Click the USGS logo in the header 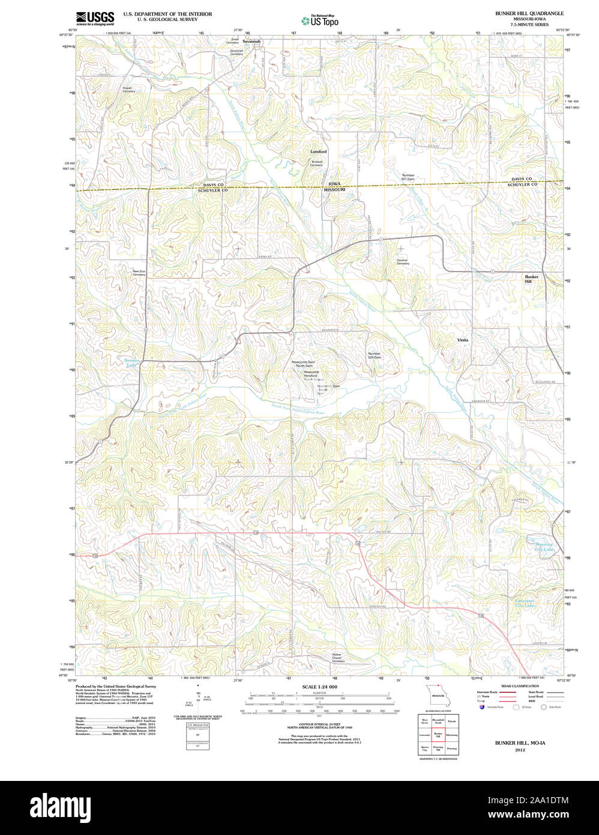click(x=95, y=18)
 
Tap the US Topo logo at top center click(x=319, y=20)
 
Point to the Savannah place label click(x=252, y=41)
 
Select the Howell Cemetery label click(x=128, y=90)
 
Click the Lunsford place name click(x=318, y=152)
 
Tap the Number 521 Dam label click(x=408, y=177)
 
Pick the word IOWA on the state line click(x=334, y=184)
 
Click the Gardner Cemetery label click(x=402, y=261)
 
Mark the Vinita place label click(x=463, y=340)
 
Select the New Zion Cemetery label click(x=139, y=273)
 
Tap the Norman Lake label click(x=131, y=362)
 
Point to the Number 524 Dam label click(x=375, y=355)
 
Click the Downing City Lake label click(x=544, y=547)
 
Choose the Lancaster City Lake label click(x=525, y=603)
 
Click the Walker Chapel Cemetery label click(x=339, y=658)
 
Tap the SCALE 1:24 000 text click(x=319, y=687)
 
